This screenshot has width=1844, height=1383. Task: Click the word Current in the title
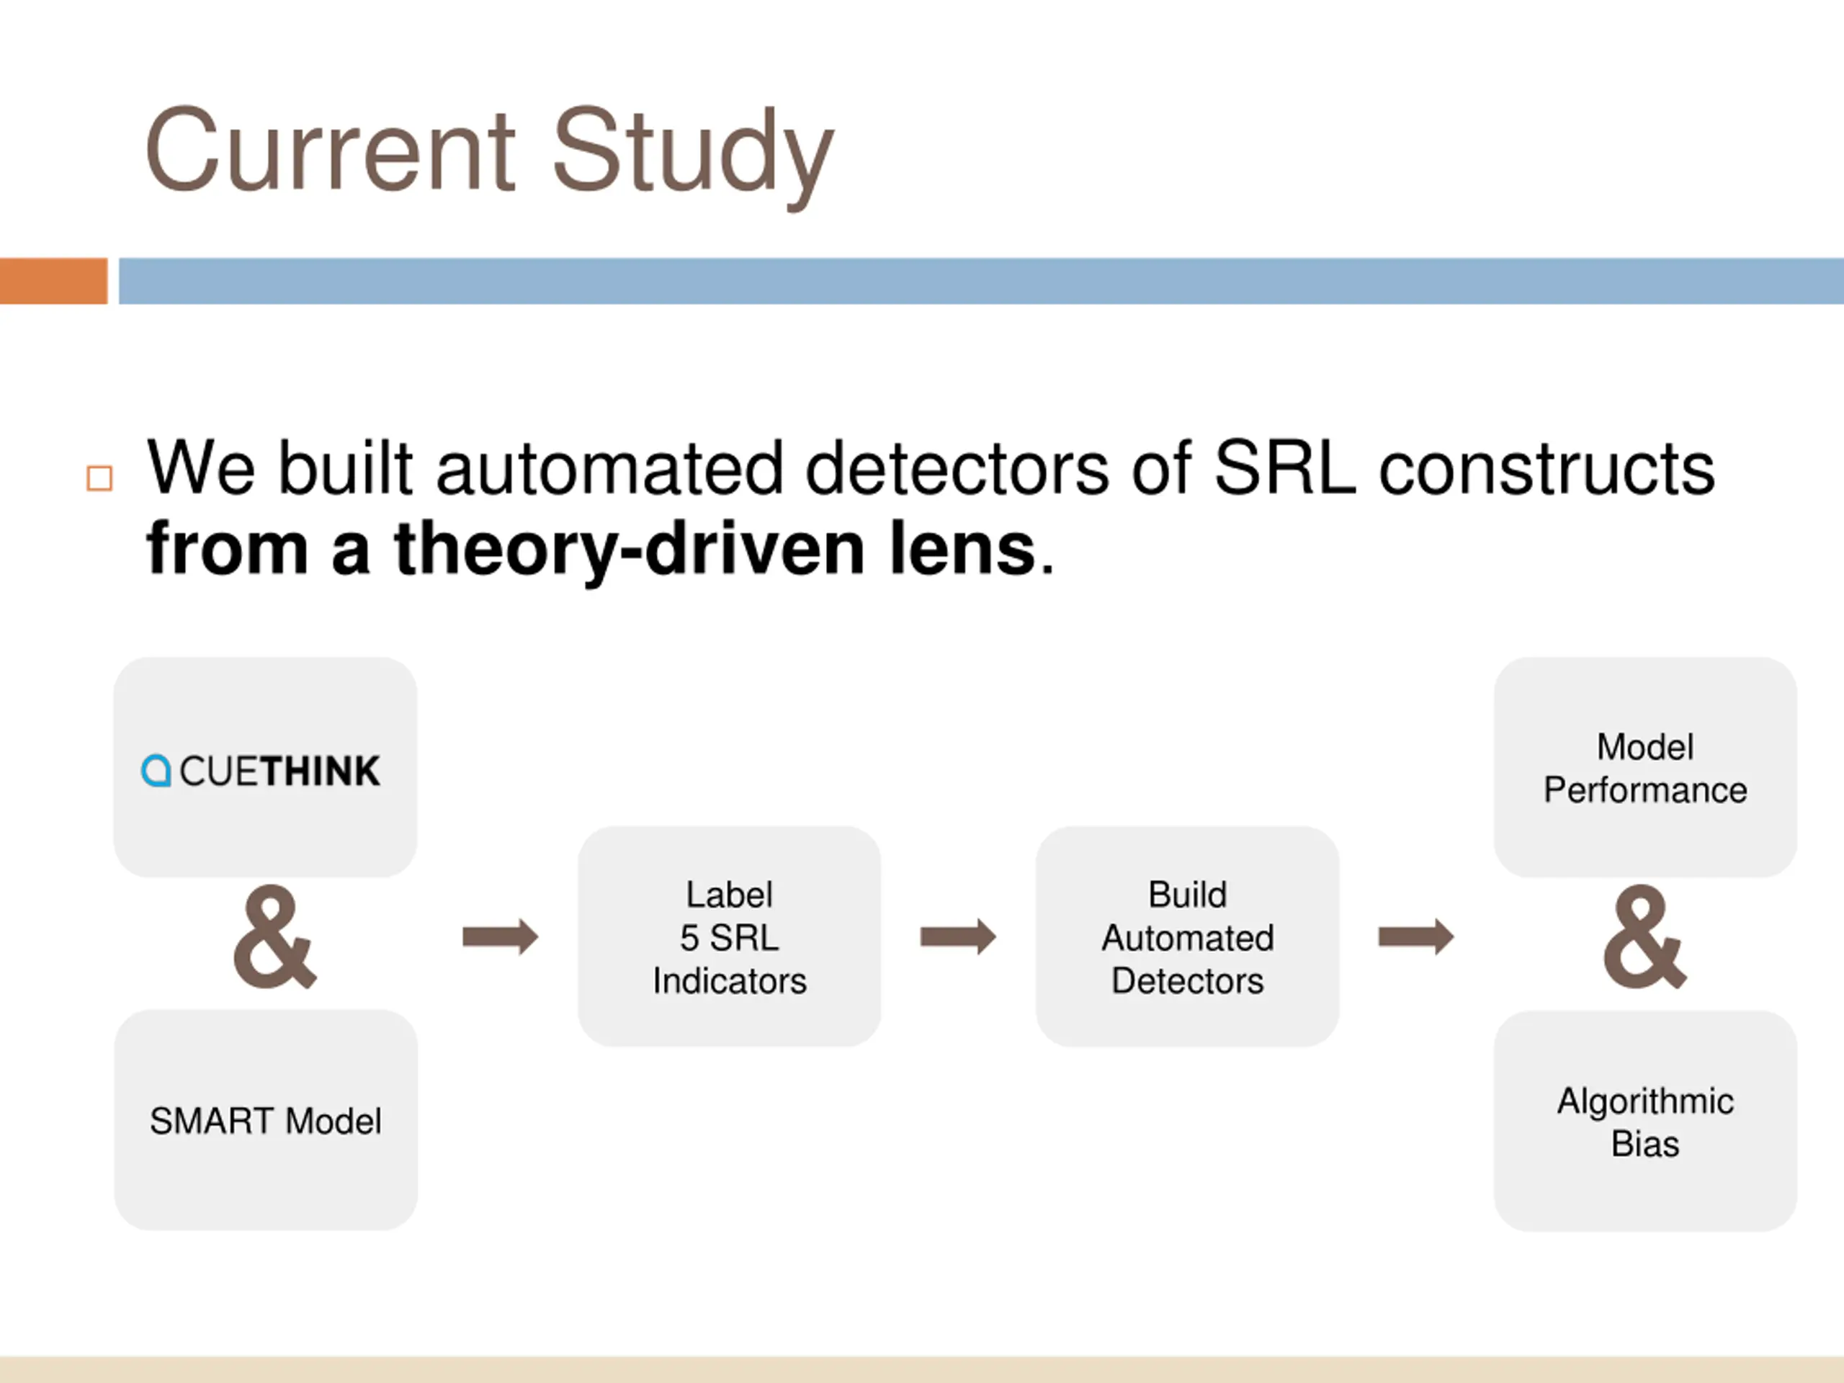tap(329, 152)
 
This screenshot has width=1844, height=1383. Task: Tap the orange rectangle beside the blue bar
tap(53, 281)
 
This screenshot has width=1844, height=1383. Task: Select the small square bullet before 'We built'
tap(99, 478)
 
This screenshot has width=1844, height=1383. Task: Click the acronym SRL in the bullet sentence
tap(1284, 468)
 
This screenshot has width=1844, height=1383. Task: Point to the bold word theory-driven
tap(630, 549)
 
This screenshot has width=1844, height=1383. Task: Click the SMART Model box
tap(265, 1120)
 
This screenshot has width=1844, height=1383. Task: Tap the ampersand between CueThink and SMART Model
tap(274, 938)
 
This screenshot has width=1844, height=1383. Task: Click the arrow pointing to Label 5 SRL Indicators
tap(500, 937)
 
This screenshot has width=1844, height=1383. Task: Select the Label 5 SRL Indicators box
tap(730, 937)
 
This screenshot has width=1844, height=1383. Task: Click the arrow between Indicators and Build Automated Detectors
tap(958, 937)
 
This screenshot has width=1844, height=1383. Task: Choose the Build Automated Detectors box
tap(1187, 937)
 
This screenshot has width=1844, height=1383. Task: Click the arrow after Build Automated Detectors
tap(1415, 937)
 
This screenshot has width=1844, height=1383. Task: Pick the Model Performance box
tap(1644, 768)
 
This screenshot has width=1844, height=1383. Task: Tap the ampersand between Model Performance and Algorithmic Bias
tap(1644, 938)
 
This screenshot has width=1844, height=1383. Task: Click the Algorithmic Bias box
tap(1644, 1122)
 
